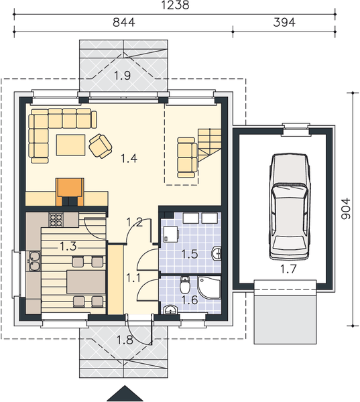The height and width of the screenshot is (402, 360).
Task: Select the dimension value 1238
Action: coord(175,5)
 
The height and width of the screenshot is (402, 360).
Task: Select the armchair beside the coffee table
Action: coord(101,145)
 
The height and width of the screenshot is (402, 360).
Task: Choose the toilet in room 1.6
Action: coord(185,287)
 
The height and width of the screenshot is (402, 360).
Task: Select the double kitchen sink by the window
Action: coord(32,261)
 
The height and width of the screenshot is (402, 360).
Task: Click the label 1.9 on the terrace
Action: coord(122,75)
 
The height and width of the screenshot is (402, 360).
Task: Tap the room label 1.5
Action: coord(190,255)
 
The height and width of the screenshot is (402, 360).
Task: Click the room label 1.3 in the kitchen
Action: coord(68,246)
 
